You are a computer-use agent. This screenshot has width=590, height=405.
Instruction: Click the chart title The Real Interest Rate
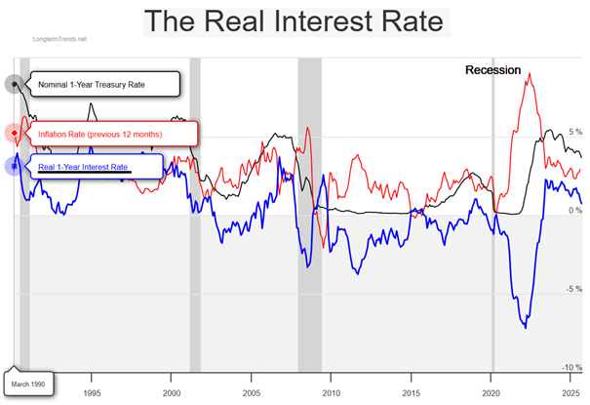294,21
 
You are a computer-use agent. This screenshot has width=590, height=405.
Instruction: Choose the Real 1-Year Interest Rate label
83,167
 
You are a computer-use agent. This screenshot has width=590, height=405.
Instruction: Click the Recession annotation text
492,70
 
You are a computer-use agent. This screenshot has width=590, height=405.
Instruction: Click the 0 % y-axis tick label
574,211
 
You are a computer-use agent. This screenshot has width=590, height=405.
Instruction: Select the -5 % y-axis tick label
573,289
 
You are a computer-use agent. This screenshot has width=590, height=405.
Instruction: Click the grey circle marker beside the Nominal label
15,84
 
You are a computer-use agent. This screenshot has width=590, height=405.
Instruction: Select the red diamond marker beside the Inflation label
14,134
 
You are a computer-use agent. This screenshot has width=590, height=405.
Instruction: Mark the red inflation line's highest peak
528,74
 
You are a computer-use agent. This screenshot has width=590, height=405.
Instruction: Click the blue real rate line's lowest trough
526,327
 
